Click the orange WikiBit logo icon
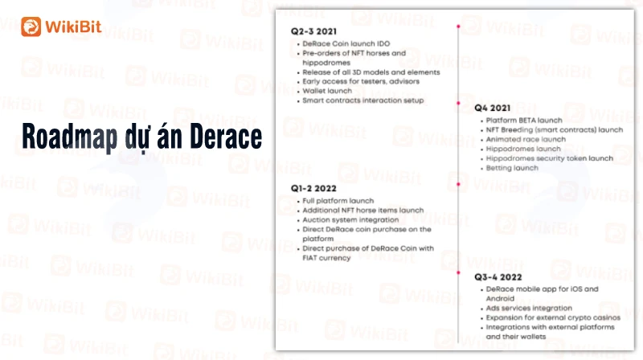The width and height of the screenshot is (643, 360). [31, 27]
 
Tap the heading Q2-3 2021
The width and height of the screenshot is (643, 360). [313, 31]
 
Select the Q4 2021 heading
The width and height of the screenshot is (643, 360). [492, 108]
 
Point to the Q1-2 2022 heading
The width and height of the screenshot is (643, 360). [313, 188]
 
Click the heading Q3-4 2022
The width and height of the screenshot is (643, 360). [498, 277]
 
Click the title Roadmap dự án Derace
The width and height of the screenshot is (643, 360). [142, 137]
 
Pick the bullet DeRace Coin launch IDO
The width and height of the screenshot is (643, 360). [346, 43]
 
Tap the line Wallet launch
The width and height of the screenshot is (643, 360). [327, 91]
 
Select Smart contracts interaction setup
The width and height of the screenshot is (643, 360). [363, 100]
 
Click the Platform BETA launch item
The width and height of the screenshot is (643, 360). [524, 121]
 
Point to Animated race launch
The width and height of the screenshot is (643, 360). [526, 139]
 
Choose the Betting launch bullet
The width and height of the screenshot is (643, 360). [512, 168]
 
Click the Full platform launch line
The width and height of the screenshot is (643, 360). [338, 201]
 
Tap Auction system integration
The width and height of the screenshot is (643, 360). [350, 219]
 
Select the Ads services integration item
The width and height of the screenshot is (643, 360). [529, 308]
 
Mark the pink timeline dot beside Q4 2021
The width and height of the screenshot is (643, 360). [458, 103]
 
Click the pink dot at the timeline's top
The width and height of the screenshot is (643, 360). [458, 27]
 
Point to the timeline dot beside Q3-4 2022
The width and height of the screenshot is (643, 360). [458, 272]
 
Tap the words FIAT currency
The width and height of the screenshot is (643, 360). [326, 258]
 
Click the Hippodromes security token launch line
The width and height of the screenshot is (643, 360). [550, 158]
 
